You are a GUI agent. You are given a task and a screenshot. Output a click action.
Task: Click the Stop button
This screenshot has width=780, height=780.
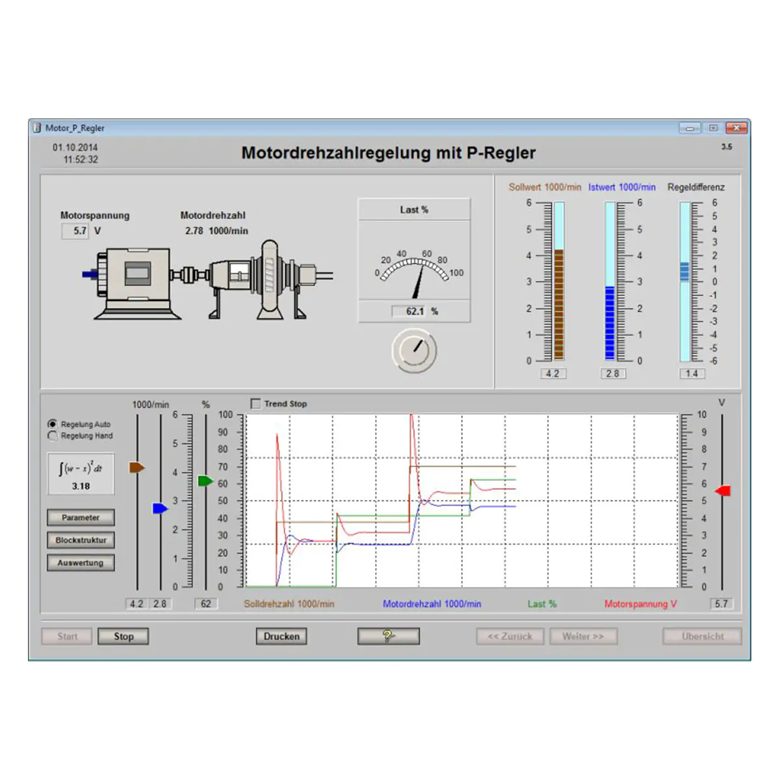(123, 636)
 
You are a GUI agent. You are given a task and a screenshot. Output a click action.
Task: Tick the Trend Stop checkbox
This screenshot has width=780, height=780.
(255, 404)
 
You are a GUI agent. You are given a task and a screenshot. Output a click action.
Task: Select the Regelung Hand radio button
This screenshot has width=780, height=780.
(52, 435)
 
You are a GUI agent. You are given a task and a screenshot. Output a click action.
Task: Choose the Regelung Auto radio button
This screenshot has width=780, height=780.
(52, 424)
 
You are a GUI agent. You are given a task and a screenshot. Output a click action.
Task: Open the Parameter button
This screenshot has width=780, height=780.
(81, 517)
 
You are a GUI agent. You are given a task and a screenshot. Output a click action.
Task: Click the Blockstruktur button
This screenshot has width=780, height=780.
(81, 540)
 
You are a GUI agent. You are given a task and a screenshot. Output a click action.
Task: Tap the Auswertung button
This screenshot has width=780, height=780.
(81, 563)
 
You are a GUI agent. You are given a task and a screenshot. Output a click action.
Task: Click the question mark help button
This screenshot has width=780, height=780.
(388, 636)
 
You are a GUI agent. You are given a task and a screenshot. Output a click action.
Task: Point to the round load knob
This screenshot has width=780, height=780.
(414, 350)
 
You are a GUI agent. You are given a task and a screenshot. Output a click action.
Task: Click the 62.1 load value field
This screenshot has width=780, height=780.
(409, 311)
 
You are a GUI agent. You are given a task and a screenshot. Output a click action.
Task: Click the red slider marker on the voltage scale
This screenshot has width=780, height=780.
(723, 491)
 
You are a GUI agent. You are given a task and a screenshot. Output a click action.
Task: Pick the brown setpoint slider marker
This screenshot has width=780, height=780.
(136, 467)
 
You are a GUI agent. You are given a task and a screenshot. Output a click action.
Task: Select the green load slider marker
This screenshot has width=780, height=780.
(205, 481)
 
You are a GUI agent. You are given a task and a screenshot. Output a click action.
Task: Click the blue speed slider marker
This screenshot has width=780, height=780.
(161, 508)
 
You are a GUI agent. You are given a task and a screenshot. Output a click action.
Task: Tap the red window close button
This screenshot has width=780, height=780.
(736, 128)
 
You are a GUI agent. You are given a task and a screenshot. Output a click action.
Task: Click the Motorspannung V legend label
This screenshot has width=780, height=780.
(640, 603)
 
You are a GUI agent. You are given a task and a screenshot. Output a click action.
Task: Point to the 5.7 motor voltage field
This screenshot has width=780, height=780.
(75, 231)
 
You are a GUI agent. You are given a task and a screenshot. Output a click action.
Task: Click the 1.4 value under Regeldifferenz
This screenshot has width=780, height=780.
(692, 374)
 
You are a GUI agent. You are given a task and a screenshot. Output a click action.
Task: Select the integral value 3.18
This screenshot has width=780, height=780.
(81, 486)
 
